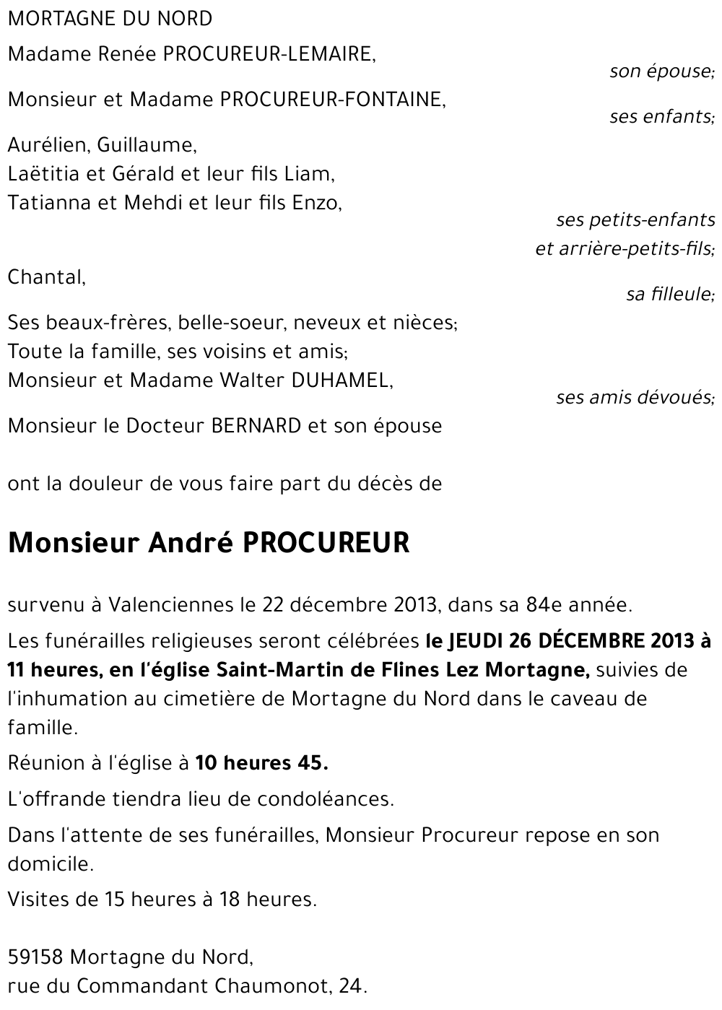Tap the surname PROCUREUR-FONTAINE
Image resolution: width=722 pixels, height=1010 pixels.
click(x=333, y=100)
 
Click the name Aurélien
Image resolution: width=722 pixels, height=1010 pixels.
click(x=48, y=145)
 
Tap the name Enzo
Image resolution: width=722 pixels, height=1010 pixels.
click(x=315, y=203)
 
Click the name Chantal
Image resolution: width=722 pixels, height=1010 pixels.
click(x=45, y=277)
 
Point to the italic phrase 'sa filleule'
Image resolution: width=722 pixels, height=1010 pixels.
click(x=669, y=295)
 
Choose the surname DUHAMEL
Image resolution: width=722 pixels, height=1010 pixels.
click(x=340, y=380)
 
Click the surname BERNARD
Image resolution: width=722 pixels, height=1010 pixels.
click(x=256, y=426)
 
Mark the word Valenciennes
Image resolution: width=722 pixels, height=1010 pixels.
click(x=171, y=605)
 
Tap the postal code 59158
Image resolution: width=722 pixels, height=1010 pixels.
click(x=36, y=958)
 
